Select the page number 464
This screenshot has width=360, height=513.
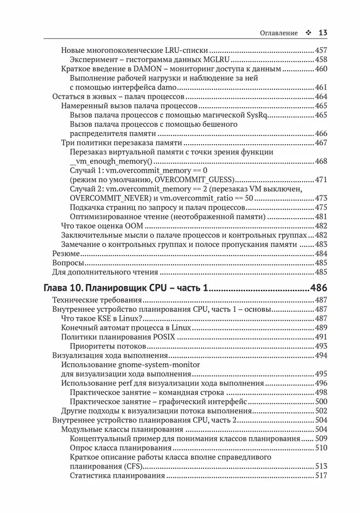pyautogui.click(x=321, y=96)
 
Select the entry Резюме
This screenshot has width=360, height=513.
pyautogui.click(x=66, y=253)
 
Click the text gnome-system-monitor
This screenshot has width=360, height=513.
pyautogui.click(x=159, y=364)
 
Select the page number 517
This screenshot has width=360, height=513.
pyautogui.click(x=321, y=475)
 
